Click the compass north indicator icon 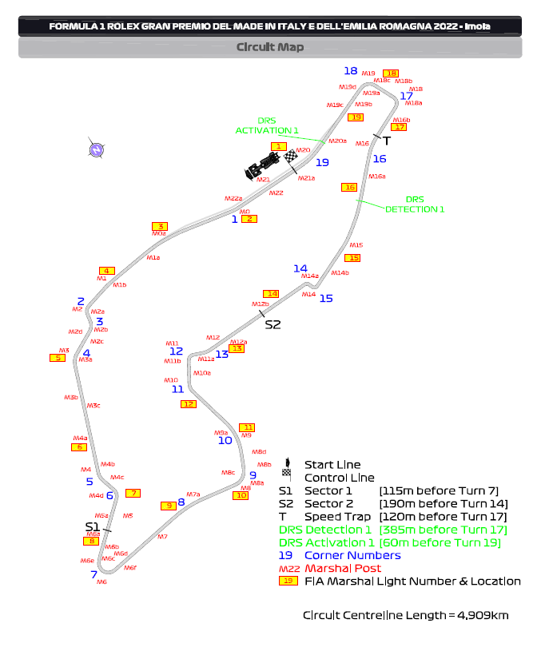(x=96, y=149)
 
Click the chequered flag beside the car (x=291, y=157)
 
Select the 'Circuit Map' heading (x=270, y=47)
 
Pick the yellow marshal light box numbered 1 (x=278, y=146)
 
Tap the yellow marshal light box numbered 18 (x=390, y=73)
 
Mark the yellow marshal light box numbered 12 (x=189, y=404)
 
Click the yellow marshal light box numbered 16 (x=348, y=188)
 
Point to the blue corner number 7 (x=93, y=574)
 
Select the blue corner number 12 (x=176, y=351)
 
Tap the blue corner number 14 (x=300, y=269)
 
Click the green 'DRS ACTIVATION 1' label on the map (x=267, y=125)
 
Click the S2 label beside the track (x=273, y=324)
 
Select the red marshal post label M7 (x=162, y=537)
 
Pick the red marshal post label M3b (x=71, y=397)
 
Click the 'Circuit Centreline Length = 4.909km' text (x=405, y=615)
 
